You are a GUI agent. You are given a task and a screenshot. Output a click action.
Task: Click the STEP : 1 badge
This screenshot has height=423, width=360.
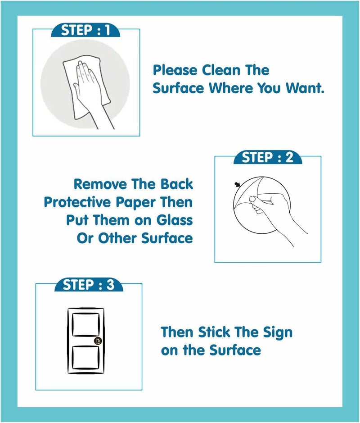click(85, 31)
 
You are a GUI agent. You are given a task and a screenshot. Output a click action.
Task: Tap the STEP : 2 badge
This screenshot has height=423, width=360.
click(267, 158)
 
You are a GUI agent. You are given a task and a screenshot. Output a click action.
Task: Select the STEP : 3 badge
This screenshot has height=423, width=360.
click(89, 285)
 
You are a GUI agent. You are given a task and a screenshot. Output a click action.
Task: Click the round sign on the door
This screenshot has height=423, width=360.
click(98, 341)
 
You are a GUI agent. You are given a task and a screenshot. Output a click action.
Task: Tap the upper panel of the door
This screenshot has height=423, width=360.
click(85, 323)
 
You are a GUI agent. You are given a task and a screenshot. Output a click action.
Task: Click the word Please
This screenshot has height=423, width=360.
click(175, 70)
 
